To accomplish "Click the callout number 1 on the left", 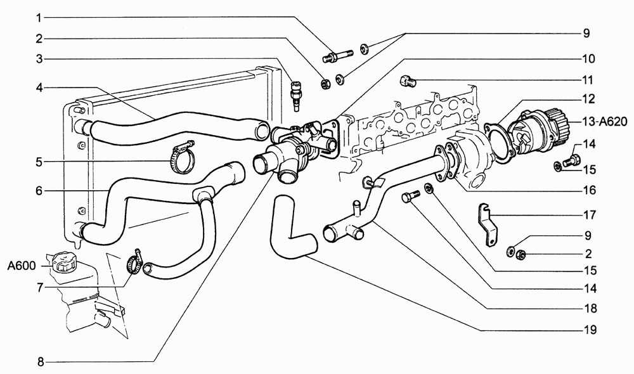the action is pyautogui.click(x=39, y=18).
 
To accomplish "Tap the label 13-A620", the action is pyautogui.click(x=605, y=120).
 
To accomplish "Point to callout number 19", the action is pyautogui.click(x=590, y=330).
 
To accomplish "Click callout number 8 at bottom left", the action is pyautogui.click(x=41, y=362).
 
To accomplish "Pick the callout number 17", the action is pyautogui.click(x=590, y=215).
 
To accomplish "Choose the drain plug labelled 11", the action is pyautogui.click(x=408, y=81).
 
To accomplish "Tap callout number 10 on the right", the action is pyautogui.click(x=589, y=59).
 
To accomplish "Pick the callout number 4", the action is pyautogui.click(x=39, y=87).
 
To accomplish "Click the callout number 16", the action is pyautogui.click(x=590, y=190).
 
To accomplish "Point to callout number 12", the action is pyautogui.click(x=589, y=99).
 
